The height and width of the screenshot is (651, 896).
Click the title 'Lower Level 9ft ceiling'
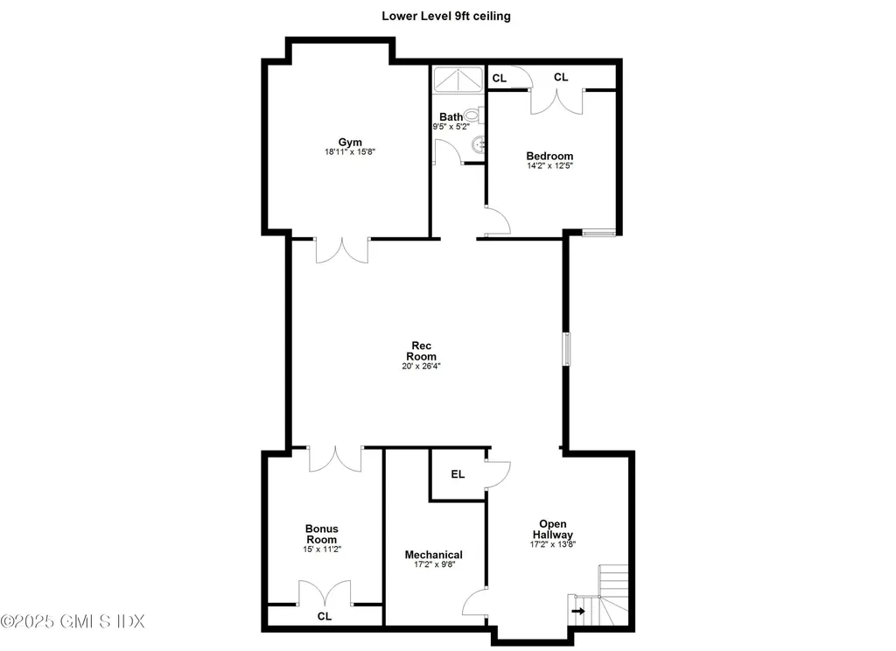click(446, 16)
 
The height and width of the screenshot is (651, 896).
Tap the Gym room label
click(349, 142)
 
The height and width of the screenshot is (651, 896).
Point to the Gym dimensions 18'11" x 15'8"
click(349, 152)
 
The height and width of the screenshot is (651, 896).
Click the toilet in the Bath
click(473, 115)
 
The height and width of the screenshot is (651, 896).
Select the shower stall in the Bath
click(457, 79)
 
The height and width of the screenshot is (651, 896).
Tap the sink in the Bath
click(477, 143)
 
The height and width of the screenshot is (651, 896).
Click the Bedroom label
click(549, 157)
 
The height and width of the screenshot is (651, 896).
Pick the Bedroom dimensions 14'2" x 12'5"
click(549, 167)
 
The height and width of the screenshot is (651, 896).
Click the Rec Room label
click(421, 350)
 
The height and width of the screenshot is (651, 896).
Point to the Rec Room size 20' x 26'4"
click(421, 367)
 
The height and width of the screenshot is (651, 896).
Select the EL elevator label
click(457, 475)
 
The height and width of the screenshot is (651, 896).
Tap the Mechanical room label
click(433, 555)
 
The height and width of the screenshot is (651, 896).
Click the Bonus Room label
click(321, 534)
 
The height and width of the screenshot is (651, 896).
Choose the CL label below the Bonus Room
click(325, 616)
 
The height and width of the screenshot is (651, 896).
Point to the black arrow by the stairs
click(578, 610)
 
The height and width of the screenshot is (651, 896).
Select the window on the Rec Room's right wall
click(566, 348)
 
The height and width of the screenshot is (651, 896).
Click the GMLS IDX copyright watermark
click(73, 621)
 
